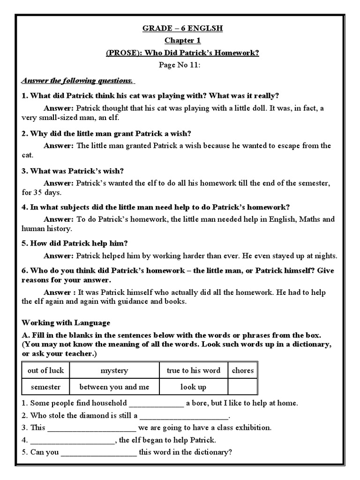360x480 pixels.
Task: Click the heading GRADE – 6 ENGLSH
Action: [x=183, y=29]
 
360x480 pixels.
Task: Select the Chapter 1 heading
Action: [x=183, y=41]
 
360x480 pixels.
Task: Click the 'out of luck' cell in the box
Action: [x=45, y=370]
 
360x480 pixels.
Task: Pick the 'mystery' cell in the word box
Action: [x=114, y=370]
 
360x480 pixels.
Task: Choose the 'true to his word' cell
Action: [x=193, y=370]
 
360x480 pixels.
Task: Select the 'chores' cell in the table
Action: [x=242, y=370]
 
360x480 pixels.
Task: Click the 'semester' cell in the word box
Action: [x=45, y=387]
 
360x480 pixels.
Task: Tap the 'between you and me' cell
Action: [x=114, y=387]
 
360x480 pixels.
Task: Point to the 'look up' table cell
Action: [x=193, y=387]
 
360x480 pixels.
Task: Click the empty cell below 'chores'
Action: [x=242, y=387]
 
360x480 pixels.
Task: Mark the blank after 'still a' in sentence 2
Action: [x=184, y=416]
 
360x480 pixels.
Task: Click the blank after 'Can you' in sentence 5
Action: [x=99, y=452]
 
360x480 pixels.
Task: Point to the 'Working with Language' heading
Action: [x=66, y=322]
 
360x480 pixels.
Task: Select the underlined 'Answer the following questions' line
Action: [x=78, y=81]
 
